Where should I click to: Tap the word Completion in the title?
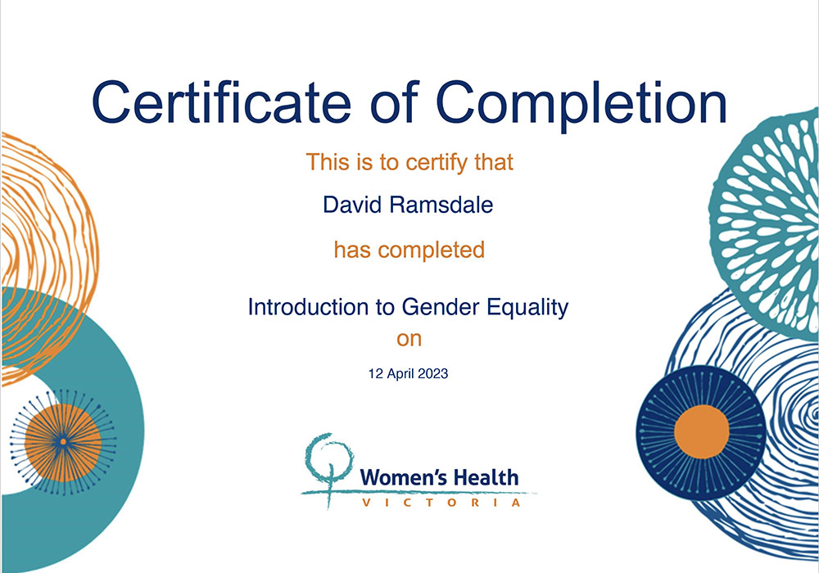click(581, 106)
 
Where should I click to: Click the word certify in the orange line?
click(437, 163)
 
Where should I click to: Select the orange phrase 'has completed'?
click(409, 250)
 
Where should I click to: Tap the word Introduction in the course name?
click(308, 307)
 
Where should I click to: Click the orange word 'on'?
click(409, 339)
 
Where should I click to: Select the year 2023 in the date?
click(433, 373)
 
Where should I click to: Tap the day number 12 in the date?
click(376, 373)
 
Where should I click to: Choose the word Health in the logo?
click(485, 477)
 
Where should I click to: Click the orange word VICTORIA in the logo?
click(441, 503)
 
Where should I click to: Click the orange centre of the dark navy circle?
click(702, 432)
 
